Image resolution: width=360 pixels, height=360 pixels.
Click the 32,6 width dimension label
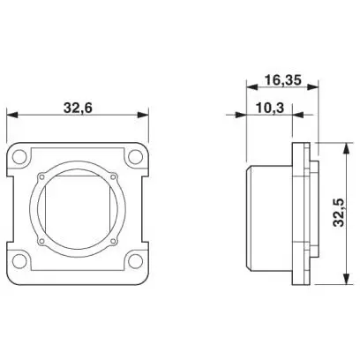pyautogui.click(x=78, y=108)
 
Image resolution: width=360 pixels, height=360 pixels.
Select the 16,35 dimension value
pyautogui.click(x=283, y=80)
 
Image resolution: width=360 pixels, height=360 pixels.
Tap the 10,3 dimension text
pyautogui.click(x=270, y=108)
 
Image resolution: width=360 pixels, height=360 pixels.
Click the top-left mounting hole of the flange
pyautogui.click(x=19, y=157)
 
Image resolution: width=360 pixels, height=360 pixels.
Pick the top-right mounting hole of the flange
pyautogui.click(x=135, y=157)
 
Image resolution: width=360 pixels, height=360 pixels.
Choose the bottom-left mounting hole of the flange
pyautogui.click(x=19, y=260)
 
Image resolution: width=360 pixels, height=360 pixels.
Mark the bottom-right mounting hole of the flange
pyautogui.click(x=135, y=260)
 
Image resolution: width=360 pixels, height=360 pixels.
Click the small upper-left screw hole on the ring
pyautogui.click(x=41, y=176)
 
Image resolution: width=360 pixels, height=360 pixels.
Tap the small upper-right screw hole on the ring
pyautogui.click(x=113, y=176)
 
